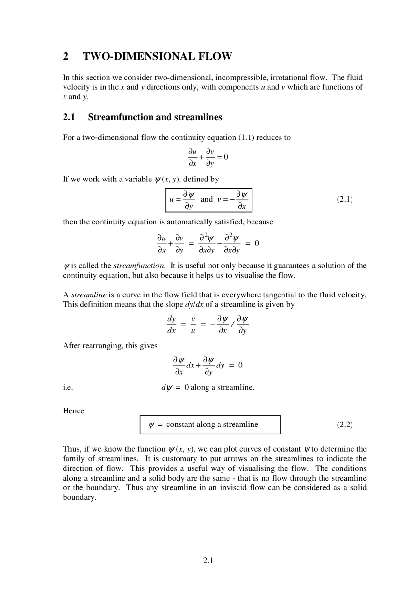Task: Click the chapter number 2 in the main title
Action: [x=66, y=56]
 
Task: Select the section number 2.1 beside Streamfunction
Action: [x=69, y=117]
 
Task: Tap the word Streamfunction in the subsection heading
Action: [x=121, y=117]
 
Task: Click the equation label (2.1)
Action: [x=345, y=199]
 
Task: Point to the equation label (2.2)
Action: [x=345, y=425]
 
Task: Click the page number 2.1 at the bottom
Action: [x=208, y=560]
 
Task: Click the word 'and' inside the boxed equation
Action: [x=207, y=199]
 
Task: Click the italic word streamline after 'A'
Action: [x=89, y=295]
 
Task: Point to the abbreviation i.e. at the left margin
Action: [x=68, y=388]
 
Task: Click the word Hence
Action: [x=73, y=411]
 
